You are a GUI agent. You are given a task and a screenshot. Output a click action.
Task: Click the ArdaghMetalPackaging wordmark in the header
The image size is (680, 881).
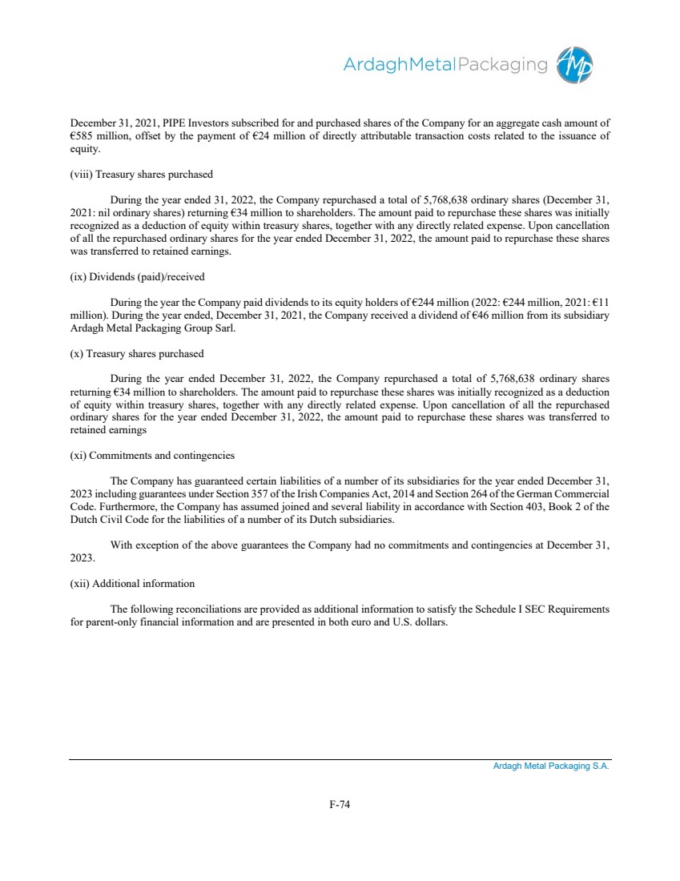tap(445, 65)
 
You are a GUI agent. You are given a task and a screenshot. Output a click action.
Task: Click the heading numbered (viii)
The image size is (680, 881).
tap(141, 175)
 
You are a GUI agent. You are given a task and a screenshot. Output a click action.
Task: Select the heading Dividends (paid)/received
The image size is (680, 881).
tap(137, 277)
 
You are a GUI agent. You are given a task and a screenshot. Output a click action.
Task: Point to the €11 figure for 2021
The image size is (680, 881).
tap(601, 303)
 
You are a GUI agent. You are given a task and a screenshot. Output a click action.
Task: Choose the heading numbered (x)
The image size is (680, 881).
tap(137, 354)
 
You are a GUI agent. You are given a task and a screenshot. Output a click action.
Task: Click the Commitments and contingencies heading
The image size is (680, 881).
tap(152, 456)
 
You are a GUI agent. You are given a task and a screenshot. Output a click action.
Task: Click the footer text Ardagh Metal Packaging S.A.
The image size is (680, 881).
tap(550, 766)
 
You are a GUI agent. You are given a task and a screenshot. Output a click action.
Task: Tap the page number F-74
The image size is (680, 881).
tap(340, 805)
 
